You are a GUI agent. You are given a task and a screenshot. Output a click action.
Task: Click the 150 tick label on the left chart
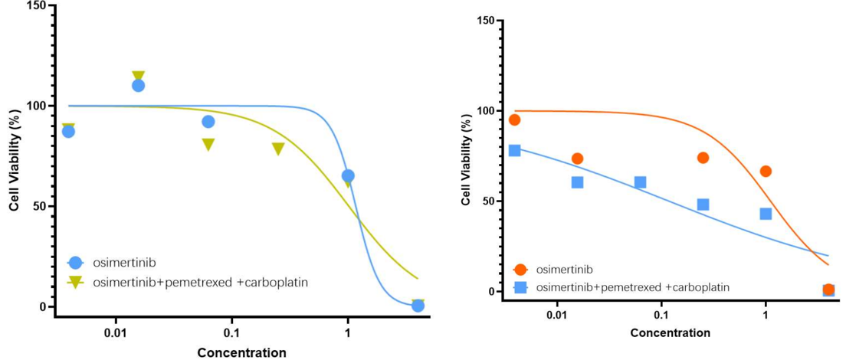[x=36, y=6]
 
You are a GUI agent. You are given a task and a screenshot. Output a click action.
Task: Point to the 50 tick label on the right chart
[x=484, y=201]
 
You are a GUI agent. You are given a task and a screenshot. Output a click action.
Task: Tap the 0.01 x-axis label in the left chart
[x=116, y=334]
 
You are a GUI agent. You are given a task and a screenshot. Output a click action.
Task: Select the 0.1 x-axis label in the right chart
[x=661, y=315]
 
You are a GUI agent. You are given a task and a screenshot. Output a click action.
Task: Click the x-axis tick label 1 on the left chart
[x=347, y=334]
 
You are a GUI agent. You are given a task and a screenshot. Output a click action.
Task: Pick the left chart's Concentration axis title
[x=241, y=353]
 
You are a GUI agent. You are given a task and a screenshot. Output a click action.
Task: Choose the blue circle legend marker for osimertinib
[x=75, y=263]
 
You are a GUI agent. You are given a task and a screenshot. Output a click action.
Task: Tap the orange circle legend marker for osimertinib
[x=521, y=270]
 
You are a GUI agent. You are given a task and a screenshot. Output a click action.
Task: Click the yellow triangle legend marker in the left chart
[x=75, y=282]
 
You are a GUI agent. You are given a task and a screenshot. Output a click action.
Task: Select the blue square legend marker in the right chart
[x=521, y=287]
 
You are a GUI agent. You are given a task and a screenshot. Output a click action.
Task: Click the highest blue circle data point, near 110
[x=138, y=85]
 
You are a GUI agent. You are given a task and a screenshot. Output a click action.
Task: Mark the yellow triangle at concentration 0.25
[x=278, y=149]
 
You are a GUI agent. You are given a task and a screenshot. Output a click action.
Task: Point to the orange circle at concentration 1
[x=766, y=172]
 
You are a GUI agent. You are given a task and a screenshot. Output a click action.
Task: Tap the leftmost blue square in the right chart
[x=514, y=150]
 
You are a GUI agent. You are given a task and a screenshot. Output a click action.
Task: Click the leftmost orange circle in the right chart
[x=514, y=119]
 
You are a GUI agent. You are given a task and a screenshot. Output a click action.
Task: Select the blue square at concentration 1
[x=766, y=214]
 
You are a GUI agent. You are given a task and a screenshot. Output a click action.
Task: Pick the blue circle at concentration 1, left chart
[x=348, y=175]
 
